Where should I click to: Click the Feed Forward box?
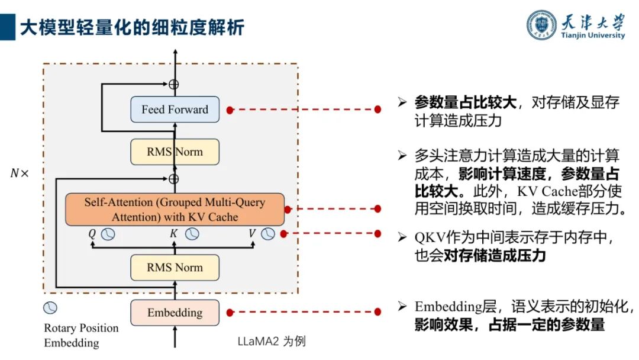coord(175,110)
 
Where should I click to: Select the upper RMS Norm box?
coord(175,152)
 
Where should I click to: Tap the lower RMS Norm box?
coord(175,268)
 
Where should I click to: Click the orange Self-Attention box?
coord(175,209)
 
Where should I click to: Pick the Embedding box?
coord(175,313)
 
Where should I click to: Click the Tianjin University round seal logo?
coord(542,25)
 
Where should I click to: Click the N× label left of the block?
coord(19,173)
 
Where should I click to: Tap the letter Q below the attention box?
coord(92,234)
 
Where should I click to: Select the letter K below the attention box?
coord(173,234)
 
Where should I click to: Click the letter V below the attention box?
coord(252,234)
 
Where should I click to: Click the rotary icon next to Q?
coord(108,234)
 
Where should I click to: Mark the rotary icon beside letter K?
coord(192,234)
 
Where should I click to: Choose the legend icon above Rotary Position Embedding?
coord(50,308)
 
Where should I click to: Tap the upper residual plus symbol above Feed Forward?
coord(173,84)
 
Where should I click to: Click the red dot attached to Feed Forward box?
coord(230,110)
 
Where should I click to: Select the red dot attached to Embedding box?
coord(230,312)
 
